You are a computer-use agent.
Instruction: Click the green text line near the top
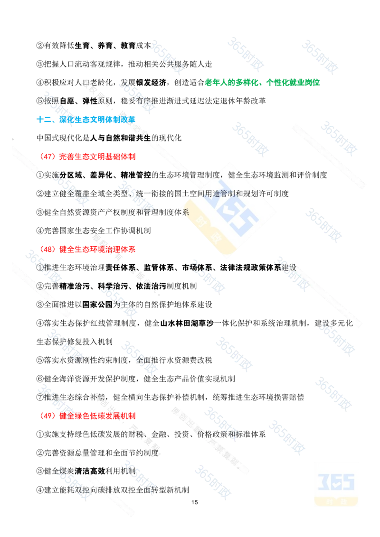(x=263, y=82)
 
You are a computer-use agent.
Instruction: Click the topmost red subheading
(x=87, y=156)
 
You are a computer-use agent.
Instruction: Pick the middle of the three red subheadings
(x=87, y=248)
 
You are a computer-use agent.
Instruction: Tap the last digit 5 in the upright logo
(x=349, y=481)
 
